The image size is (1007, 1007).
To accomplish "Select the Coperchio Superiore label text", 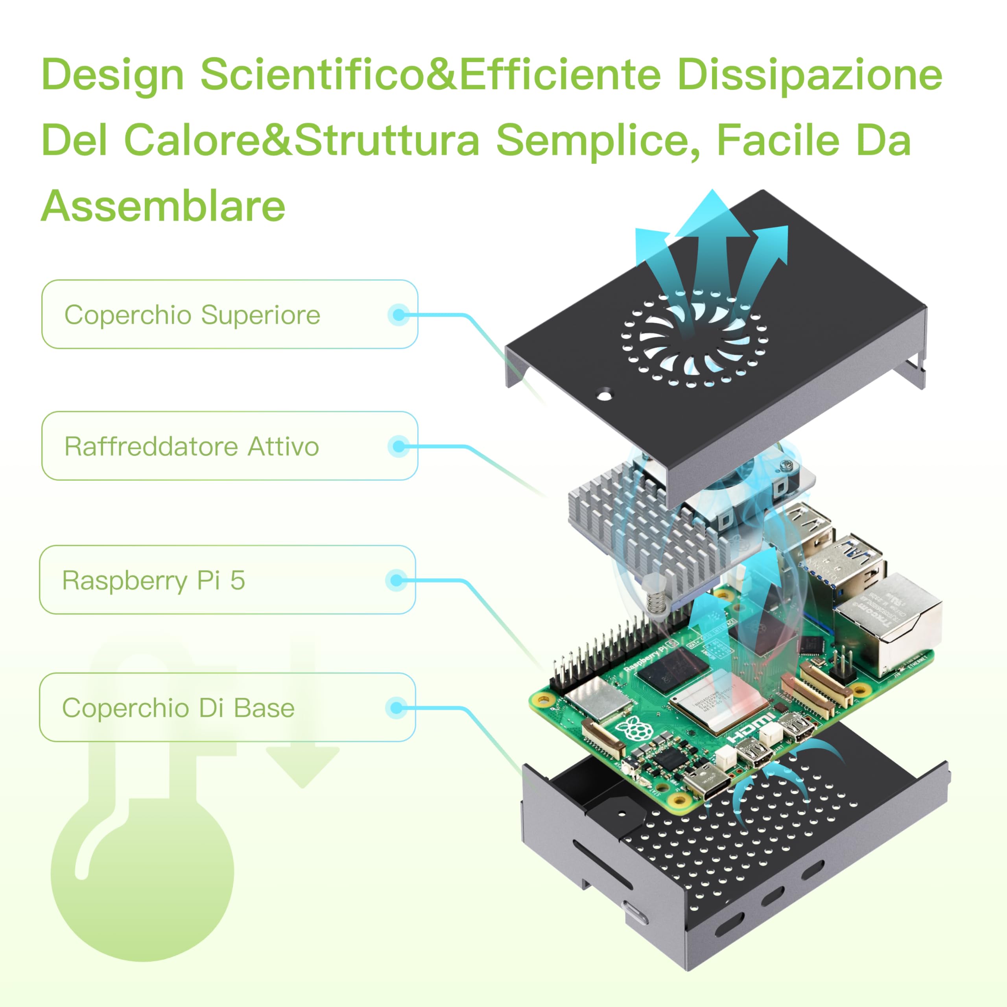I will click(192, 315).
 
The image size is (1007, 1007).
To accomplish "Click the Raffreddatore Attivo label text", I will click(191, 447).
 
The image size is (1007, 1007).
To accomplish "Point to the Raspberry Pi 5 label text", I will click(153, 580).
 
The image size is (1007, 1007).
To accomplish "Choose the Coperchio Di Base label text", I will click(178, 708).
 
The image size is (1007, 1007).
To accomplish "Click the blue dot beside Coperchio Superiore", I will click(399, 315).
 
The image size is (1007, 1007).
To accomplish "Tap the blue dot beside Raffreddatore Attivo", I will click(399, 447).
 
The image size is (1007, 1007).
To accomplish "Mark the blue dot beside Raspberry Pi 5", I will click(397, 580).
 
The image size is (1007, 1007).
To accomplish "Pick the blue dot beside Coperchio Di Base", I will click(397, 708).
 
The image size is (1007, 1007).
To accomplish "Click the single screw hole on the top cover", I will click(604, 395).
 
